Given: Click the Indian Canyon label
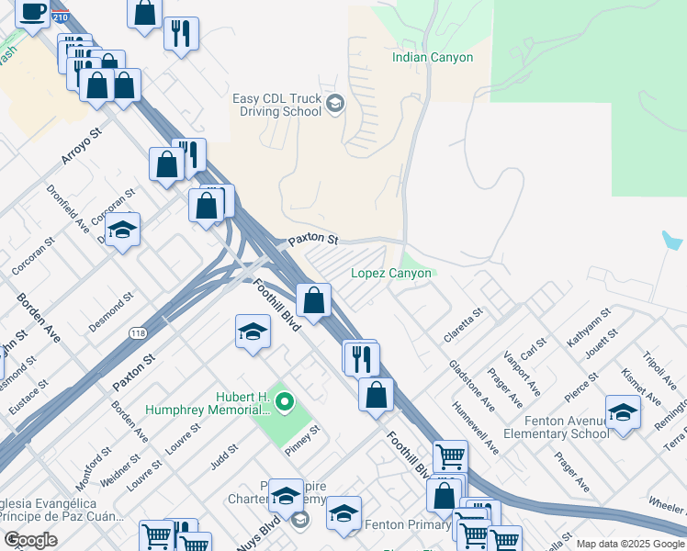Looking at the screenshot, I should coord(432,58).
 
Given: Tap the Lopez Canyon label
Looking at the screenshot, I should coord(390,274).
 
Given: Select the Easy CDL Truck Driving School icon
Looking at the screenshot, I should coord(335,103).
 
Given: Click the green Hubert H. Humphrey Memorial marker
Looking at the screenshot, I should coord(285,401).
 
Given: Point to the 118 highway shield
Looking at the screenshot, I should coord(138,333).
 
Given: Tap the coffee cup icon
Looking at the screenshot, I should coord(33,13).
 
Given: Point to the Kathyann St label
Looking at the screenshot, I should coord(588,328).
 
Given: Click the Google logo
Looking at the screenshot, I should coord(30,540).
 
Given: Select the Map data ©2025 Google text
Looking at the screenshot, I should coord(629,544).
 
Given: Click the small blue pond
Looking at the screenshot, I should coord(671,240).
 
